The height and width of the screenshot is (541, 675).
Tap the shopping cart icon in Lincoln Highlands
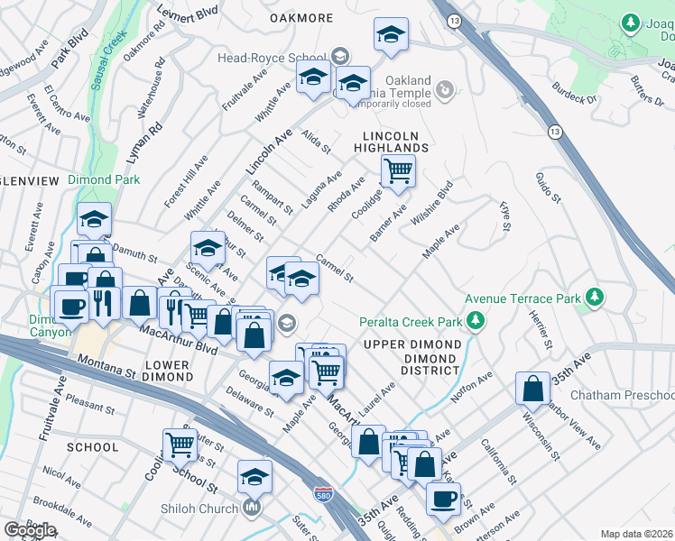pyautogui.click(x=398, y=170)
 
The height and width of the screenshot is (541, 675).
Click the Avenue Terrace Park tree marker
pyautogui.click(x=594, y=298)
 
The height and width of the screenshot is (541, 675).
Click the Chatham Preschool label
pyautogui.click(x=635, y=397)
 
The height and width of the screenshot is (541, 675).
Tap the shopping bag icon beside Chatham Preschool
pyautogui.click(x=532, y=389)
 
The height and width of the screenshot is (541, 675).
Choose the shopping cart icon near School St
pyautogui.click(x=180, y=444)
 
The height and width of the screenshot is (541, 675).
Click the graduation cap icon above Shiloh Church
pyautogui.click(x=254, y=476)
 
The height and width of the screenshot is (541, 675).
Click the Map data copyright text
pyautogui.click(x=636, y=534)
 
